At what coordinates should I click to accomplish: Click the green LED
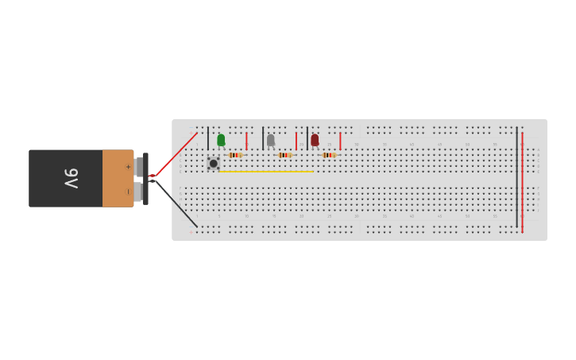(221, 140)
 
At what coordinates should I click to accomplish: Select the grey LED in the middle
(270, 140)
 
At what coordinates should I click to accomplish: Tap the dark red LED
(315, 140)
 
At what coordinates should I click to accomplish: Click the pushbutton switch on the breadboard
(213, 164)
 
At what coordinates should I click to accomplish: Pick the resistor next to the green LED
(235, 155)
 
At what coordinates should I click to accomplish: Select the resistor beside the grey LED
(285, 155)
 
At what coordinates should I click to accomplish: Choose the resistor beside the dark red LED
(330, 155)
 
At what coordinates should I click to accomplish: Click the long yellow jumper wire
(266, 172)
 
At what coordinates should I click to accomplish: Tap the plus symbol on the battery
(128, 167)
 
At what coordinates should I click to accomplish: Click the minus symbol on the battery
(128, 192)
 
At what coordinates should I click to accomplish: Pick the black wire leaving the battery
(176, 204)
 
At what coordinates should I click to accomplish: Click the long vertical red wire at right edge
(522, 183)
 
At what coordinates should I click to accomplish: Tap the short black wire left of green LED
(208, 138)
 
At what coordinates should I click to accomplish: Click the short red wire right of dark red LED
(340, 141)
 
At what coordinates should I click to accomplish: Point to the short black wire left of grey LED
(263, 138)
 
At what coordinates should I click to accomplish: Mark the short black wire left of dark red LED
(307, 138)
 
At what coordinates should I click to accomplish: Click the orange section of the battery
(118, 178)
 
